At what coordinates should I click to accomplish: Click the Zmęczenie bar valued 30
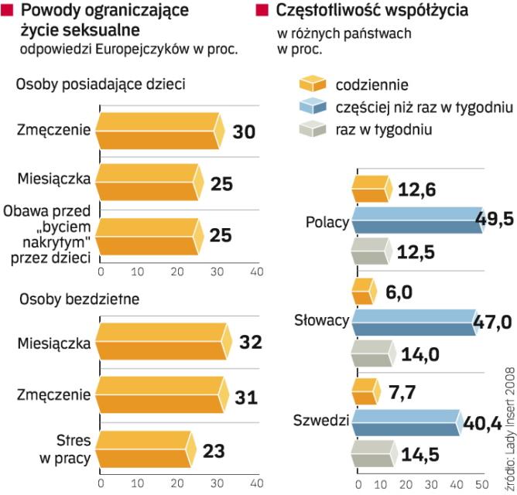(x=159, y=131)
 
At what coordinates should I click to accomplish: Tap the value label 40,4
(x=488, y=423)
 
